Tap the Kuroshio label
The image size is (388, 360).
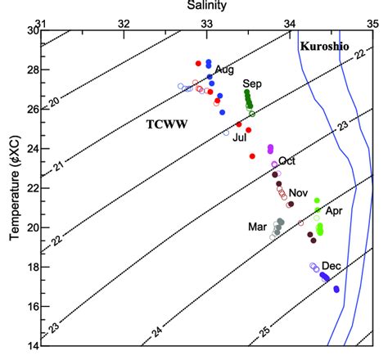click(325, 47)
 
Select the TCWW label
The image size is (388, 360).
click(163, 124)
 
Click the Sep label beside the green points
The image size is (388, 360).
click(251, 84)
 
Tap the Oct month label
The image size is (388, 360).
click(286, 160)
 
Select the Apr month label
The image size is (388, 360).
click(334, 210)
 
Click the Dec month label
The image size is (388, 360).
click(332, 266)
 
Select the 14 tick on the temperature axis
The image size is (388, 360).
click(30, 345)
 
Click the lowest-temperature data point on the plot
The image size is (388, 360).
click(336, 289)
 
